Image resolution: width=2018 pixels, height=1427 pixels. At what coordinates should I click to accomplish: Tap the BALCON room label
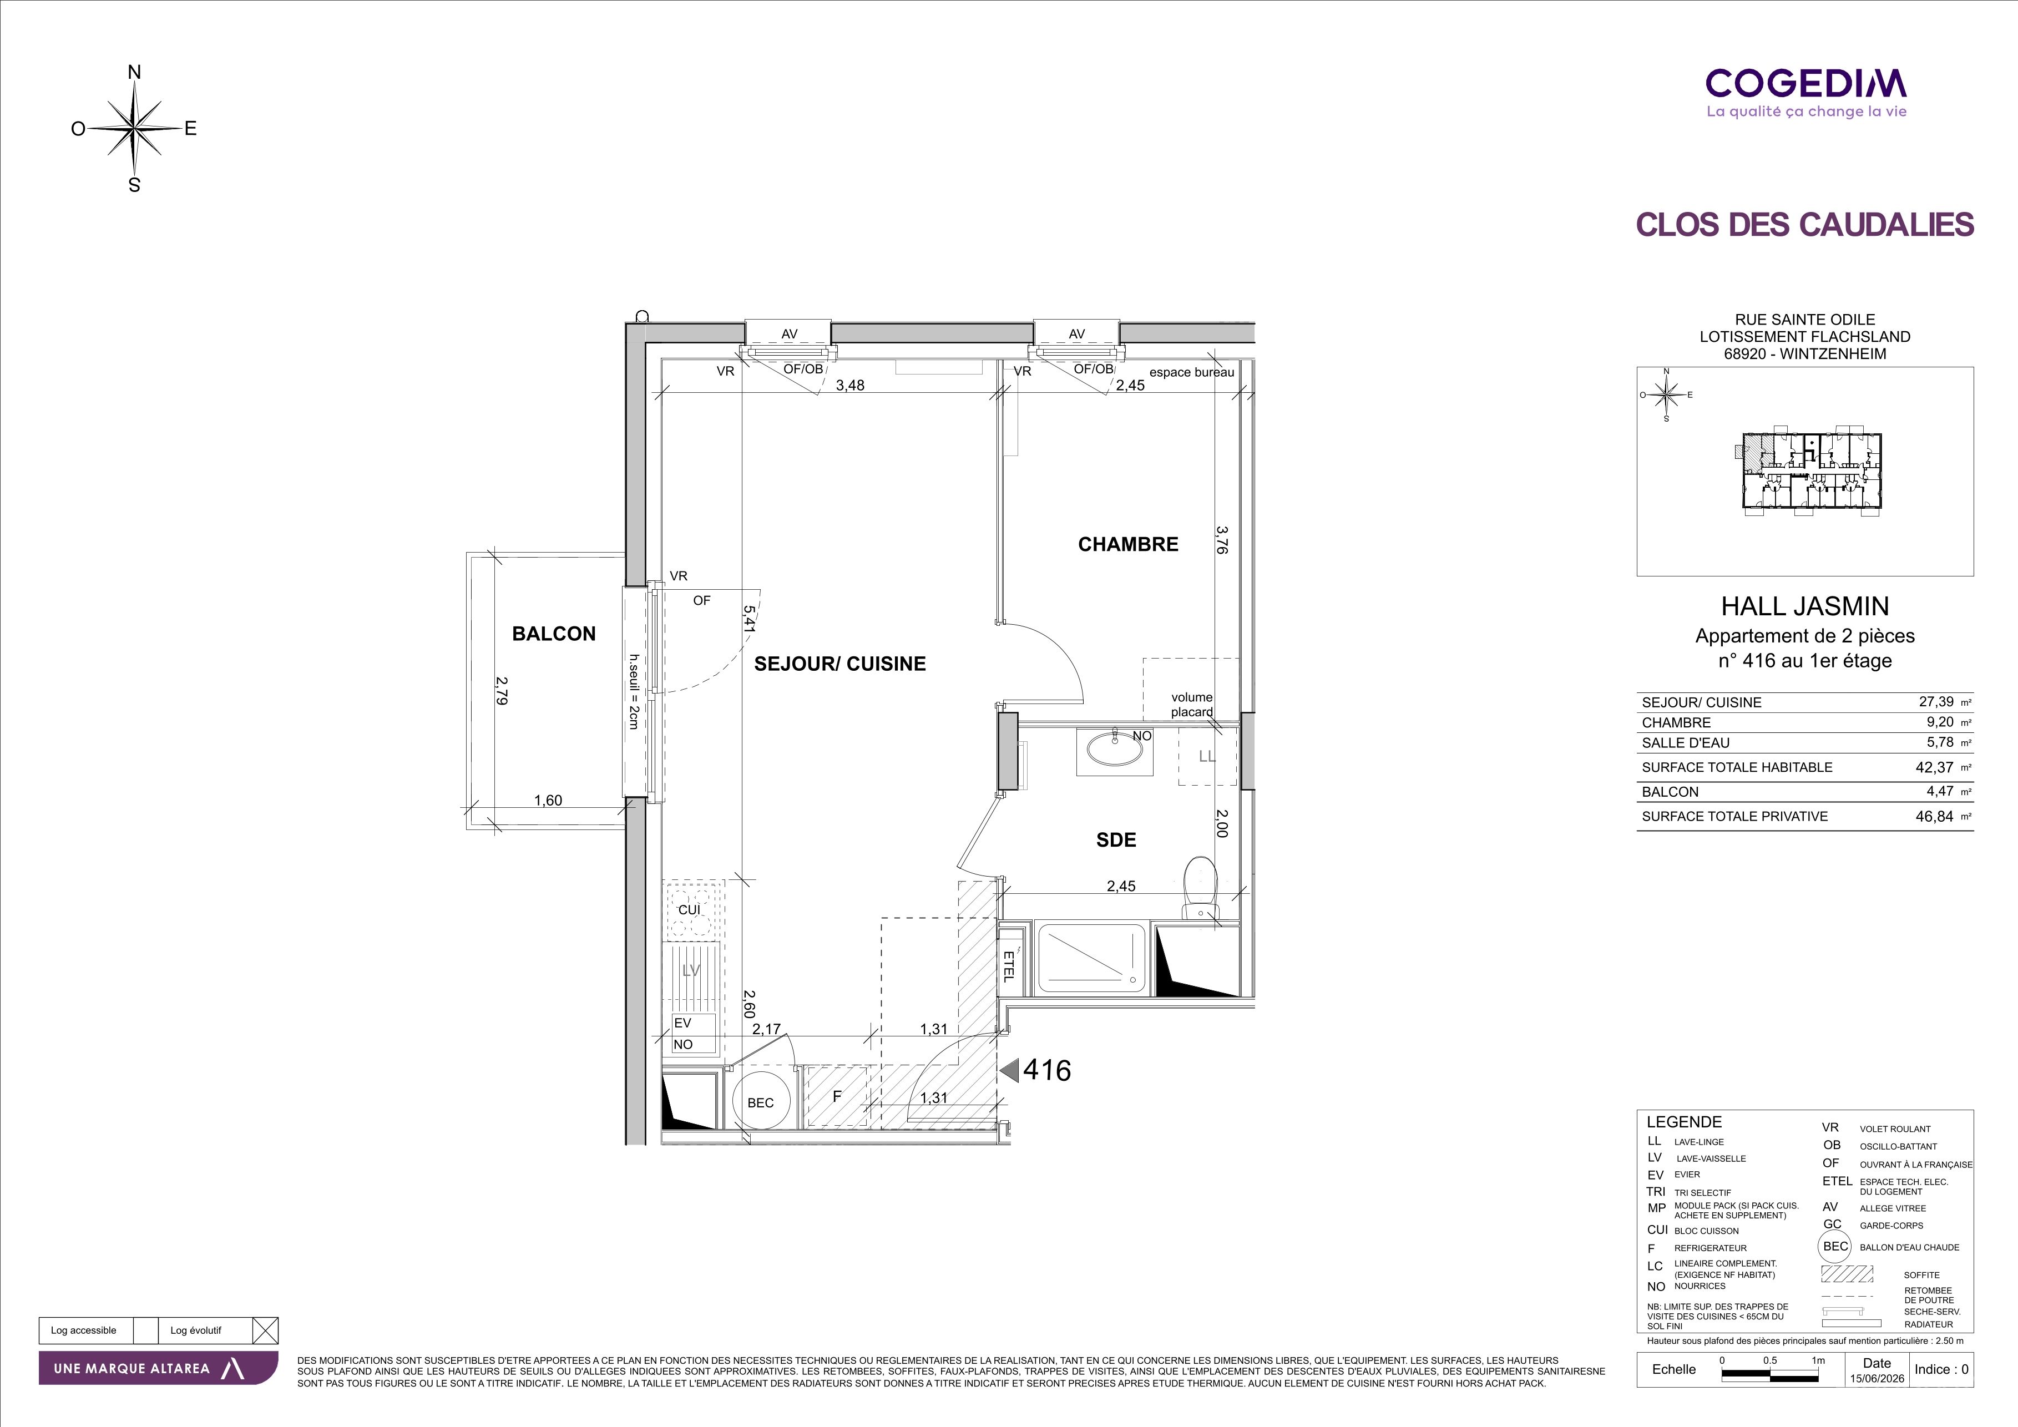point(554,634)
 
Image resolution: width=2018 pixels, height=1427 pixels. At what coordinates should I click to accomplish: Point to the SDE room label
point(1116,840)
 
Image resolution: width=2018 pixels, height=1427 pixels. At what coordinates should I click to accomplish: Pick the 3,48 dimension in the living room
point(850,385)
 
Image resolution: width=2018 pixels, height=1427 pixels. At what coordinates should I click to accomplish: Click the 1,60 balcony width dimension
point(548,801)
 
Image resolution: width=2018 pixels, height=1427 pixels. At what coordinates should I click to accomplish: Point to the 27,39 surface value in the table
point(1936,701)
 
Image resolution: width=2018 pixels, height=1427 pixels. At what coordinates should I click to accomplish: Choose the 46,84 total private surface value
point(1935,816)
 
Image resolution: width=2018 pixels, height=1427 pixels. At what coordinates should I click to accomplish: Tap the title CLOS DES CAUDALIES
point(1805,225)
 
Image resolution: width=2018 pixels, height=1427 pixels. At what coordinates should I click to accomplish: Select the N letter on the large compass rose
point(134,72)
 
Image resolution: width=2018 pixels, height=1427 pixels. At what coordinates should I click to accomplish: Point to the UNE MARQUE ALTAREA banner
point(158,1368)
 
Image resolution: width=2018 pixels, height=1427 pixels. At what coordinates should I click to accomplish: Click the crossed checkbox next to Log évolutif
point(265,1330)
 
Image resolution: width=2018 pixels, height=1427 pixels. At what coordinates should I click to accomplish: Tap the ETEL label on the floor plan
point(1008,966)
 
